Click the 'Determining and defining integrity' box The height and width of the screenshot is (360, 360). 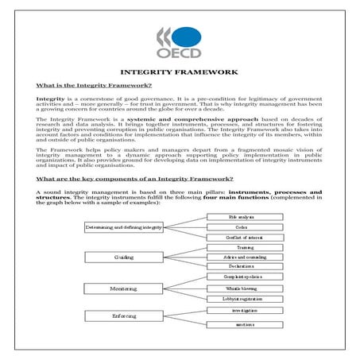coord(124,227)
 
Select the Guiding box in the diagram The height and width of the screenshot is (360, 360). coord(124,257)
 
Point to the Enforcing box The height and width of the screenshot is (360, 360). coord(124,315)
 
